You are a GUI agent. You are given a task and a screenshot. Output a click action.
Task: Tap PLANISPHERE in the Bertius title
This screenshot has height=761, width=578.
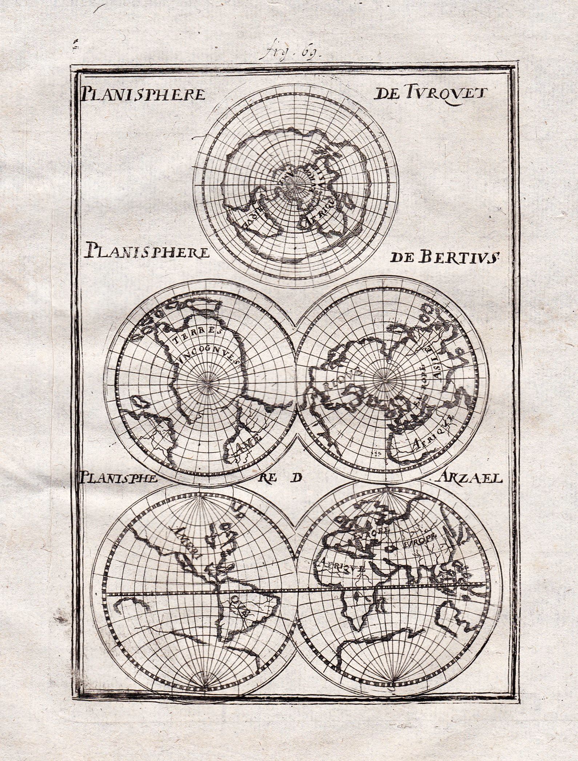147,251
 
